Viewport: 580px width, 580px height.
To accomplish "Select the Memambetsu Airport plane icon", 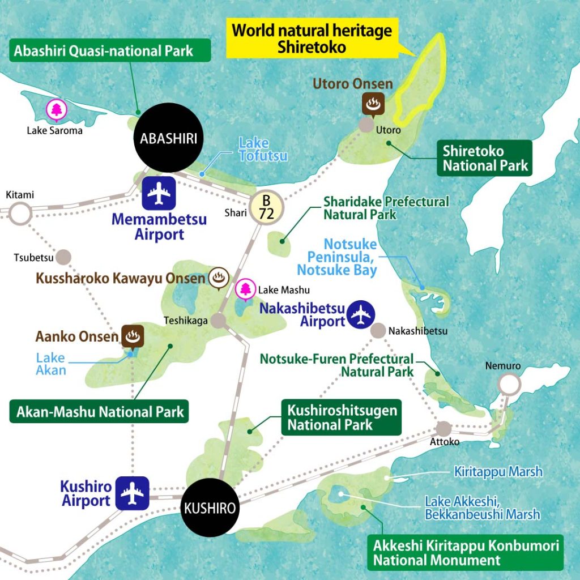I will tap(159, 194).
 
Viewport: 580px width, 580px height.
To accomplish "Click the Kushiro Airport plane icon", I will tap(133, 493).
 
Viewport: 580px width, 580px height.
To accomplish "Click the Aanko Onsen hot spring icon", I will tap(133, 336).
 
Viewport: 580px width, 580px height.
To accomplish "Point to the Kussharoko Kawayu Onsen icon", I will tap(218, 278).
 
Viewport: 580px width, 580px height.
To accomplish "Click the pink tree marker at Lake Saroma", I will tap(57, 110).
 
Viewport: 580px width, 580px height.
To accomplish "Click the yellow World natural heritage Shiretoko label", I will tap(312, 39).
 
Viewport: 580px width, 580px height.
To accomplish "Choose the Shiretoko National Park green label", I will tap(485, 158).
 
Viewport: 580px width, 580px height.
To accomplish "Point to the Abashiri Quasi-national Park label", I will tap(111, 50).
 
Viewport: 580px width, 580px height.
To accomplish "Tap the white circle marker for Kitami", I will tap(20, 214).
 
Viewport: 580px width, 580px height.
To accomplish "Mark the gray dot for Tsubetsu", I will tap(65, 257).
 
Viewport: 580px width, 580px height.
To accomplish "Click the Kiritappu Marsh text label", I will tap(498, 471).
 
